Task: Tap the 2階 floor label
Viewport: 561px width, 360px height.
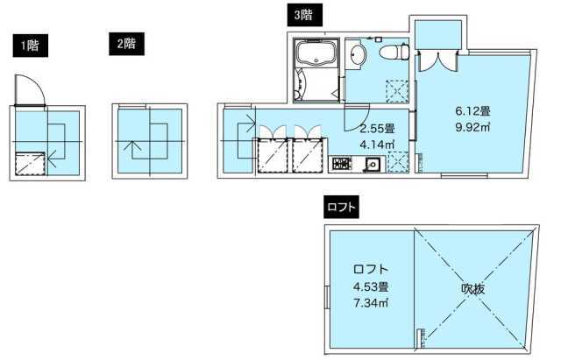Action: click(x=124, y=42)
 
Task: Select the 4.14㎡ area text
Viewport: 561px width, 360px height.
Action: click(x=378, y=144)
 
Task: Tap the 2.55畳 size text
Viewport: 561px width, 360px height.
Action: click(x=378, y=129)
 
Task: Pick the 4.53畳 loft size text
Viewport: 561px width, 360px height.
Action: click(x=371, y=286)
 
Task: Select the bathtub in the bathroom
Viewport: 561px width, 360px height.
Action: click(x=313, y=54)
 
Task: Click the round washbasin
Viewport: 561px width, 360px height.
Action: click(x=357, y=56)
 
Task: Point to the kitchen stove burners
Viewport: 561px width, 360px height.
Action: click(x=340, y=163)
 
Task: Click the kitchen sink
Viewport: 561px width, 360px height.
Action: click(x=371, y=163)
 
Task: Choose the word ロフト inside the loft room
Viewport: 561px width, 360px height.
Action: click(x=371, y=270)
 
